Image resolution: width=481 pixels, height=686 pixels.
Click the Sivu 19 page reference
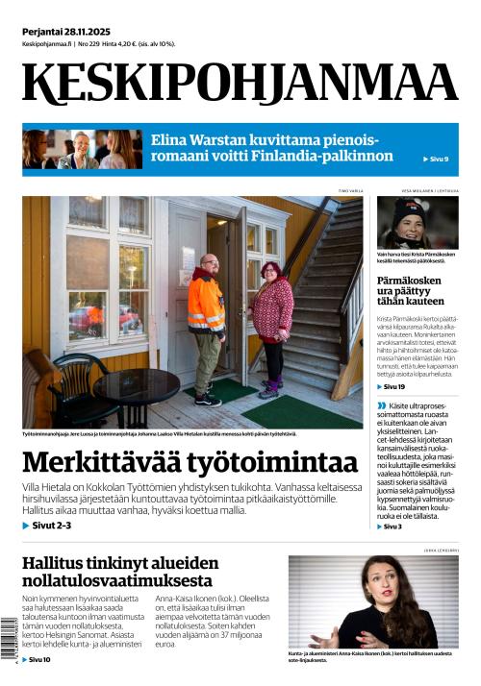coord(393,386)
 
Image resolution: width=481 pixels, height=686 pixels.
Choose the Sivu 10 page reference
coord(38,660)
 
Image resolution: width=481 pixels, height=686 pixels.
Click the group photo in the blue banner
coord(81,149)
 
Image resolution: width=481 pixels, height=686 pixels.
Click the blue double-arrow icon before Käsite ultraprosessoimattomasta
coord(382,405)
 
